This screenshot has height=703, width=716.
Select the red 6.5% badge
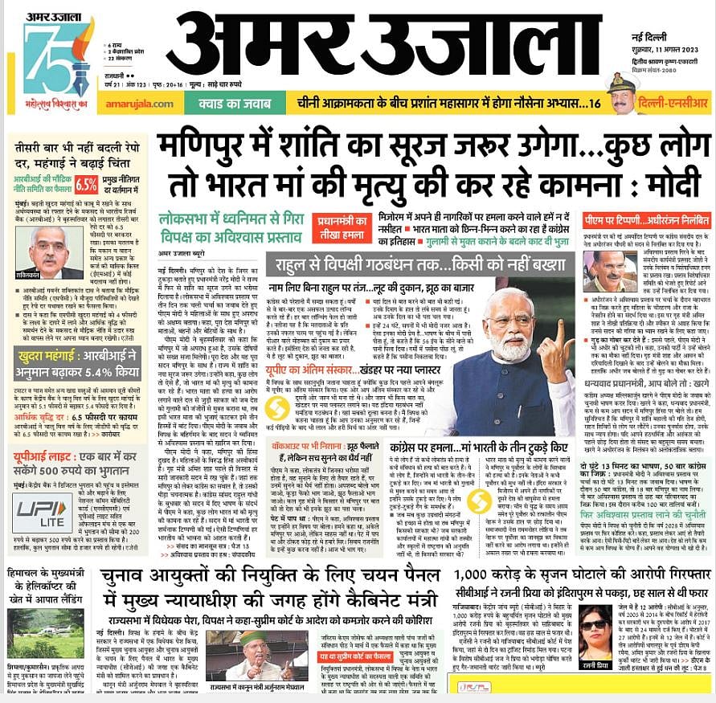click(86, 183)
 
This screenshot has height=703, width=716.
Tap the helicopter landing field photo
click(46, 631)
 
